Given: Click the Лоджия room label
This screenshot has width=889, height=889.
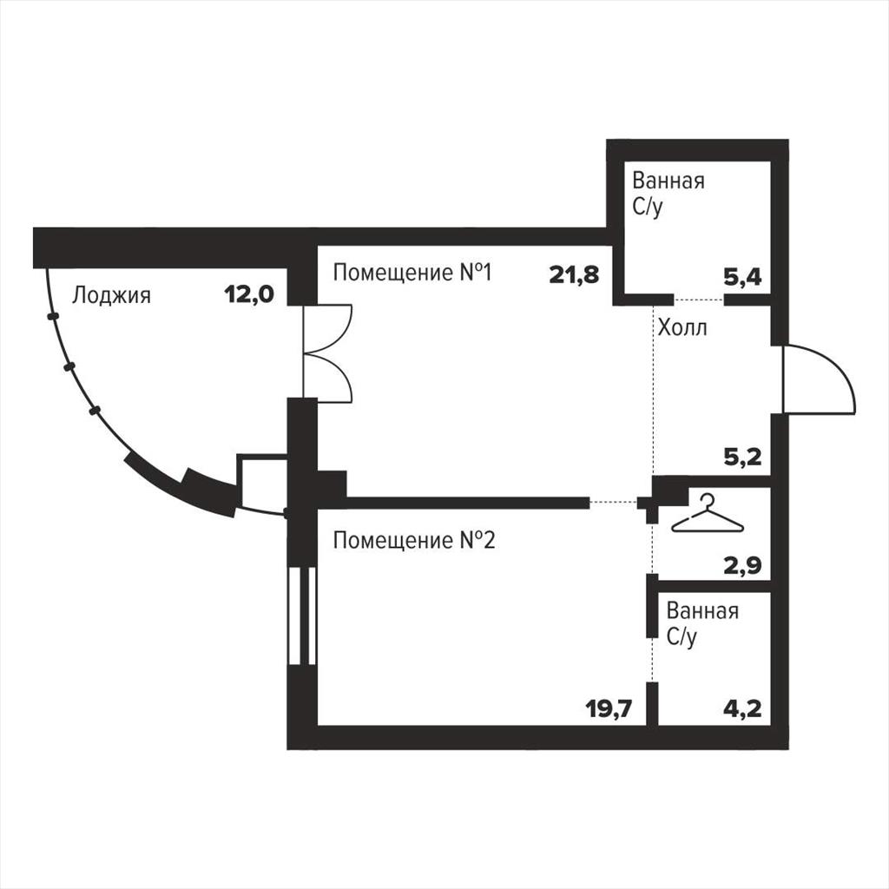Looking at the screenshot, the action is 111,296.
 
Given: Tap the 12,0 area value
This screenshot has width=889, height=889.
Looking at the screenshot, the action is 249,294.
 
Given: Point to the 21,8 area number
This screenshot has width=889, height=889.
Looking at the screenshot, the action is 574,275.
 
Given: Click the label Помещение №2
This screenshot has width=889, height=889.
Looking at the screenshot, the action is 414,540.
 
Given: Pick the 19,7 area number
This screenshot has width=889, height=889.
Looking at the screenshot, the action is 609,708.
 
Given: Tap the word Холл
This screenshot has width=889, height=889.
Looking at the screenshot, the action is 682,327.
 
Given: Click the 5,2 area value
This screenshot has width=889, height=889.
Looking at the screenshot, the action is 743,457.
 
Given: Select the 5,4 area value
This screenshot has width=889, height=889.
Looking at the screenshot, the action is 743,277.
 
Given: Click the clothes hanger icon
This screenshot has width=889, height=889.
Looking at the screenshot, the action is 707,514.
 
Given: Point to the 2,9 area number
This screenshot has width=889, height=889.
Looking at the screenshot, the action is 743,565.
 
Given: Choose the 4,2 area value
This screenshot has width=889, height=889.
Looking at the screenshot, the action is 743,708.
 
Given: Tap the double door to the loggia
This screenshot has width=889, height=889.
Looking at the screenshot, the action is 327,354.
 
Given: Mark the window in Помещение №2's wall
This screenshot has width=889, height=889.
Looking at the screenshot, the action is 301,616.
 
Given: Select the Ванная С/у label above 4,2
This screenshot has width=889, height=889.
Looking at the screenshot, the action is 702,624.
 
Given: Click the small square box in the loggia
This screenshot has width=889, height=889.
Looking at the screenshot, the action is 262,483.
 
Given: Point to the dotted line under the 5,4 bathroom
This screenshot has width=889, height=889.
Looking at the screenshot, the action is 699,299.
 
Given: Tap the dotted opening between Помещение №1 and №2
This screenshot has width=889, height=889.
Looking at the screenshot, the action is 614,502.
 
